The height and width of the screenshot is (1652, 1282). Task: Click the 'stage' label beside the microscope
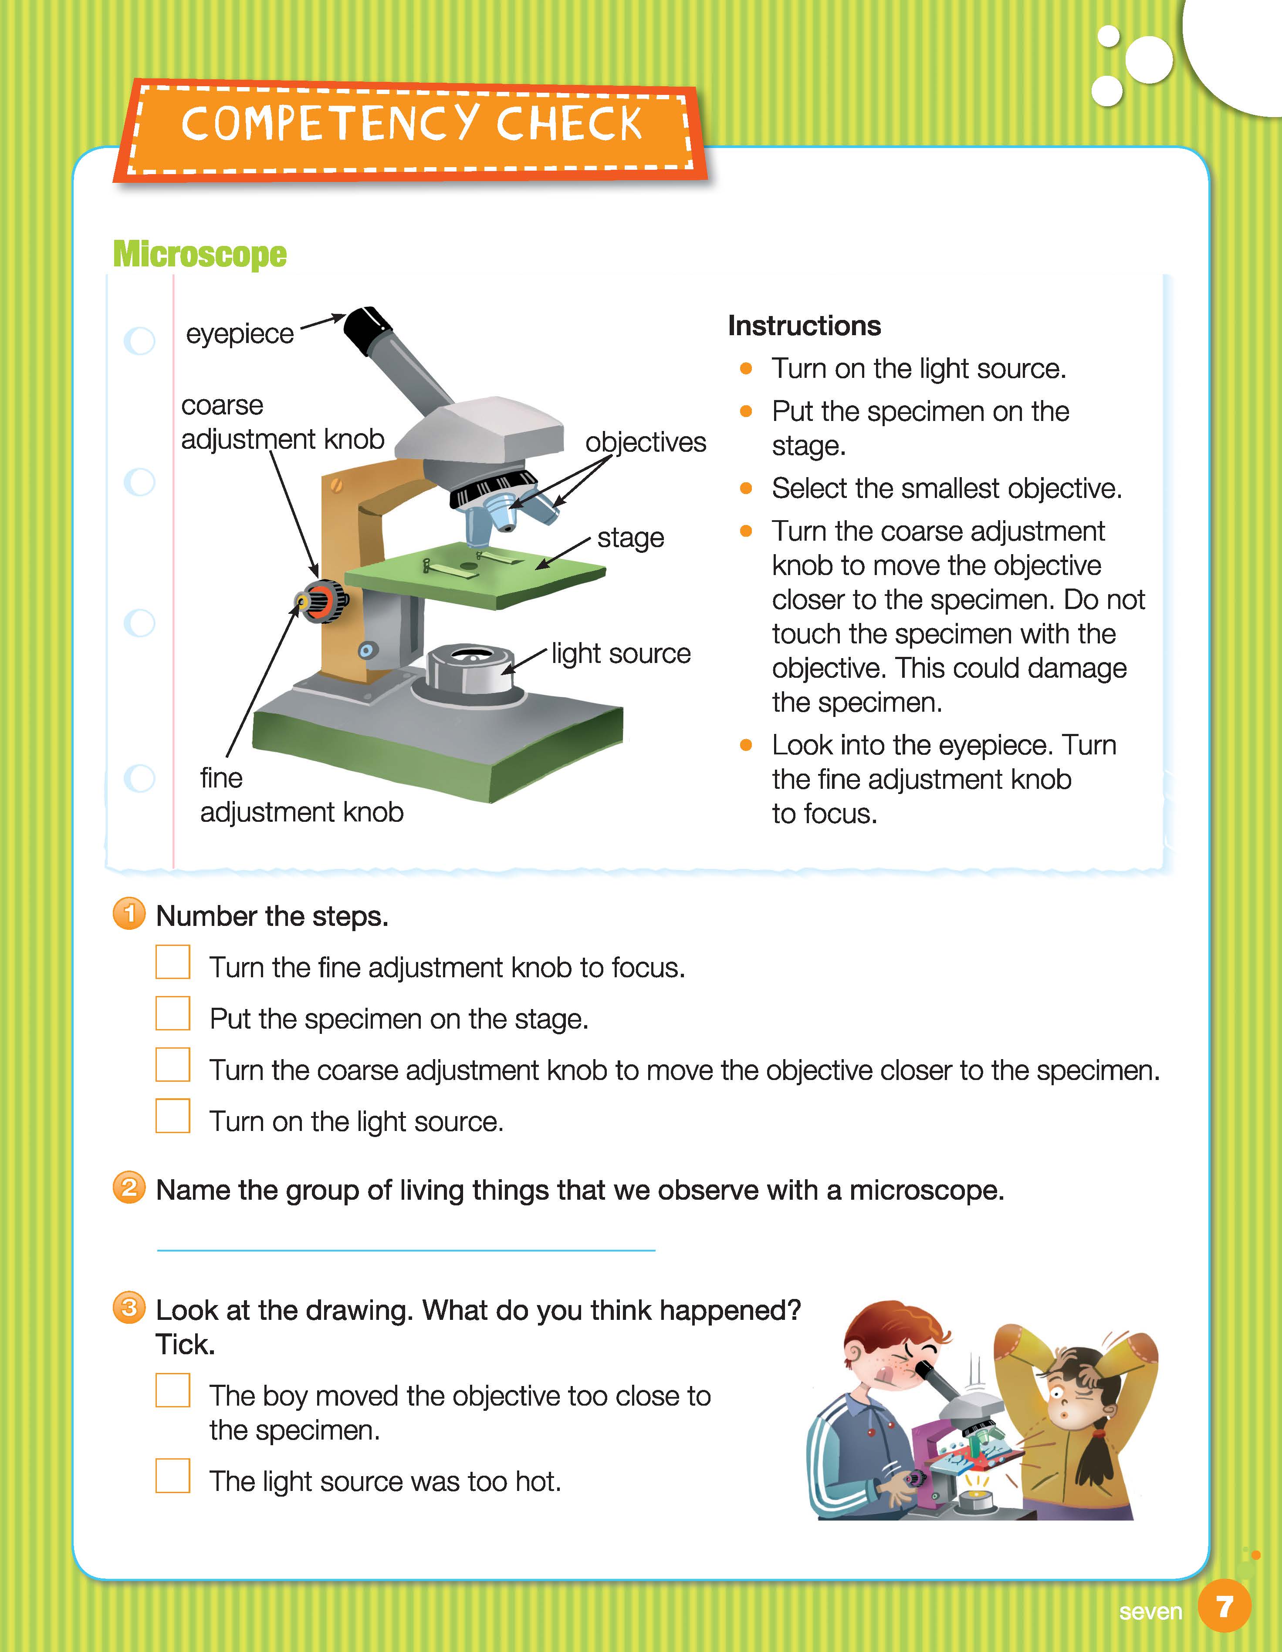(630, 538)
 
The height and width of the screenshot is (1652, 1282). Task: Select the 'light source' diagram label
(621, 653)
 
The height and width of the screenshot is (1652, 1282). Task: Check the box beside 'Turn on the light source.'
(173, 1116)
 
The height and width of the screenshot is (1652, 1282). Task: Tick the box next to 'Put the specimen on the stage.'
(173, 1013)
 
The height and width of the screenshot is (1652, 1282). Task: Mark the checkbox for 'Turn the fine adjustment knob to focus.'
(173, 962)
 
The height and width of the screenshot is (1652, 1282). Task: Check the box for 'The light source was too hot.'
(173, 1476)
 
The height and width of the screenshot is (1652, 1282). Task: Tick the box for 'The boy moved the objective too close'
(173, 1390)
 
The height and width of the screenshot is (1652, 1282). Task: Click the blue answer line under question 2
(406, 1250)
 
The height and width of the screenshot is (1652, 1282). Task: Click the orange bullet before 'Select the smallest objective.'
(746, 489)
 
